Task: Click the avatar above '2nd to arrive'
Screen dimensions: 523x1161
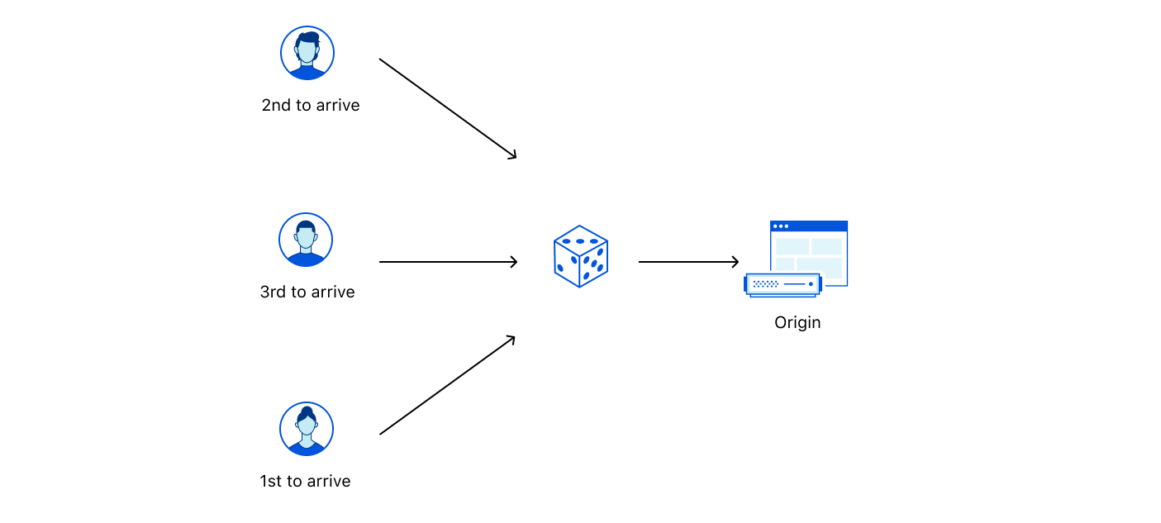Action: [307, 53]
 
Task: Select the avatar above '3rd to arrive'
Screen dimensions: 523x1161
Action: [306, 240]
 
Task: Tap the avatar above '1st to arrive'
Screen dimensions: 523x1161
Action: [307, 429]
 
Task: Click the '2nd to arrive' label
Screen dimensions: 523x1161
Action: [311, 106]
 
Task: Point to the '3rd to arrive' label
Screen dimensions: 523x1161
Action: [307, 292]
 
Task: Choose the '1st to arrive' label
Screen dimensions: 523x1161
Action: [305, 481]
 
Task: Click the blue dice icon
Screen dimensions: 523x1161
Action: [580, 256]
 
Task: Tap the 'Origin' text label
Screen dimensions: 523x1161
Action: [797, 322]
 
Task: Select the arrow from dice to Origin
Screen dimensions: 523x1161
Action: [688, 262]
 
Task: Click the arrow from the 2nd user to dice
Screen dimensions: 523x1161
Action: [447, 108]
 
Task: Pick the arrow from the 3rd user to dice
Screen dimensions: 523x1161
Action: [448, 262]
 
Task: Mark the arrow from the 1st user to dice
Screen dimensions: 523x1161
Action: [447, 385]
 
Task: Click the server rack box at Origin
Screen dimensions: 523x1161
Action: [783, 284]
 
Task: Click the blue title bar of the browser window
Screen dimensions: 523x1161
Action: [809, 226]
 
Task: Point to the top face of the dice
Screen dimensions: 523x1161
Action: [580, 240]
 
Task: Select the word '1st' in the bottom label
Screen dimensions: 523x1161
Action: [271, 481]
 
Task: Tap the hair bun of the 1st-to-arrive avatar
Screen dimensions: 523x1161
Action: [307, 411]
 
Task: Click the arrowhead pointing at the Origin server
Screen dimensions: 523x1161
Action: [735, 262]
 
